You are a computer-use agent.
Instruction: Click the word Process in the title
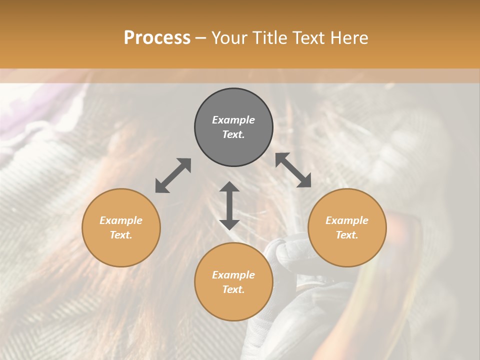point(157,38)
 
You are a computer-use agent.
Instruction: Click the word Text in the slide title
point(309,38)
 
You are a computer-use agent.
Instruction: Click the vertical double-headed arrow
point(229,205)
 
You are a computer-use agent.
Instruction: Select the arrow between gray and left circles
point(173,175)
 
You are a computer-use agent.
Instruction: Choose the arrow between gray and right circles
point(293,170)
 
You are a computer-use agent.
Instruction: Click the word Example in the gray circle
point(233,120)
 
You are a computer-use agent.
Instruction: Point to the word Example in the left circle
point(121,220)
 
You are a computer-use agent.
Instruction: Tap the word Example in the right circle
point(347,220)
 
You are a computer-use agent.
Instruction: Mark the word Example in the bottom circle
point(233,275)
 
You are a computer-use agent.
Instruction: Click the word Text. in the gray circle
point(233,134)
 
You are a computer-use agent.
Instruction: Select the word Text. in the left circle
point(121,235)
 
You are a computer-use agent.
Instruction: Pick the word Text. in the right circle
point(347,235)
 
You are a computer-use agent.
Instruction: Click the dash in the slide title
point(201,38)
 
